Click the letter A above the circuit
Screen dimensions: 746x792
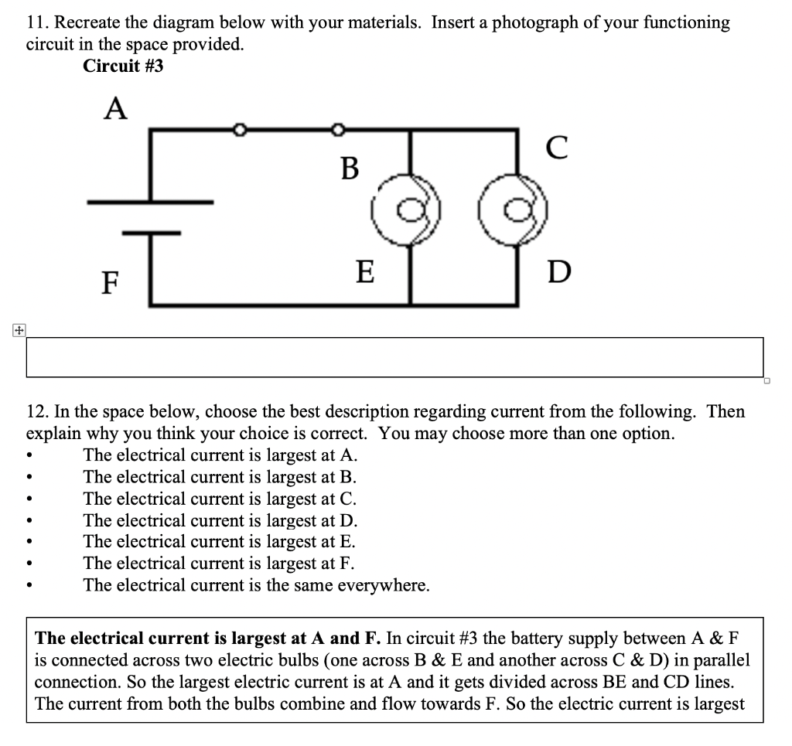[x=115, y=109]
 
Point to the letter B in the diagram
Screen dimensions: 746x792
[x=350, y=167]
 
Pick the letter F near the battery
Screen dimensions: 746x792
[x=111, y=283]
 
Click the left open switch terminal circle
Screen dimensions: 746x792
[x=239, y=129]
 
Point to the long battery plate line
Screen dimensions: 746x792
[x=150, y=203]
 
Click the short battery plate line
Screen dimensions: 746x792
[x=150, y=231]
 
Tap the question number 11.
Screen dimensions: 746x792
[x=36, y=23]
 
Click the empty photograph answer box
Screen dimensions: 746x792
[x=394, y=357]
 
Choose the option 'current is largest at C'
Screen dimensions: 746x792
[x=220, y=499]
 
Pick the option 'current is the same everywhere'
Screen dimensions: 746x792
[x=256, y=585]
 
